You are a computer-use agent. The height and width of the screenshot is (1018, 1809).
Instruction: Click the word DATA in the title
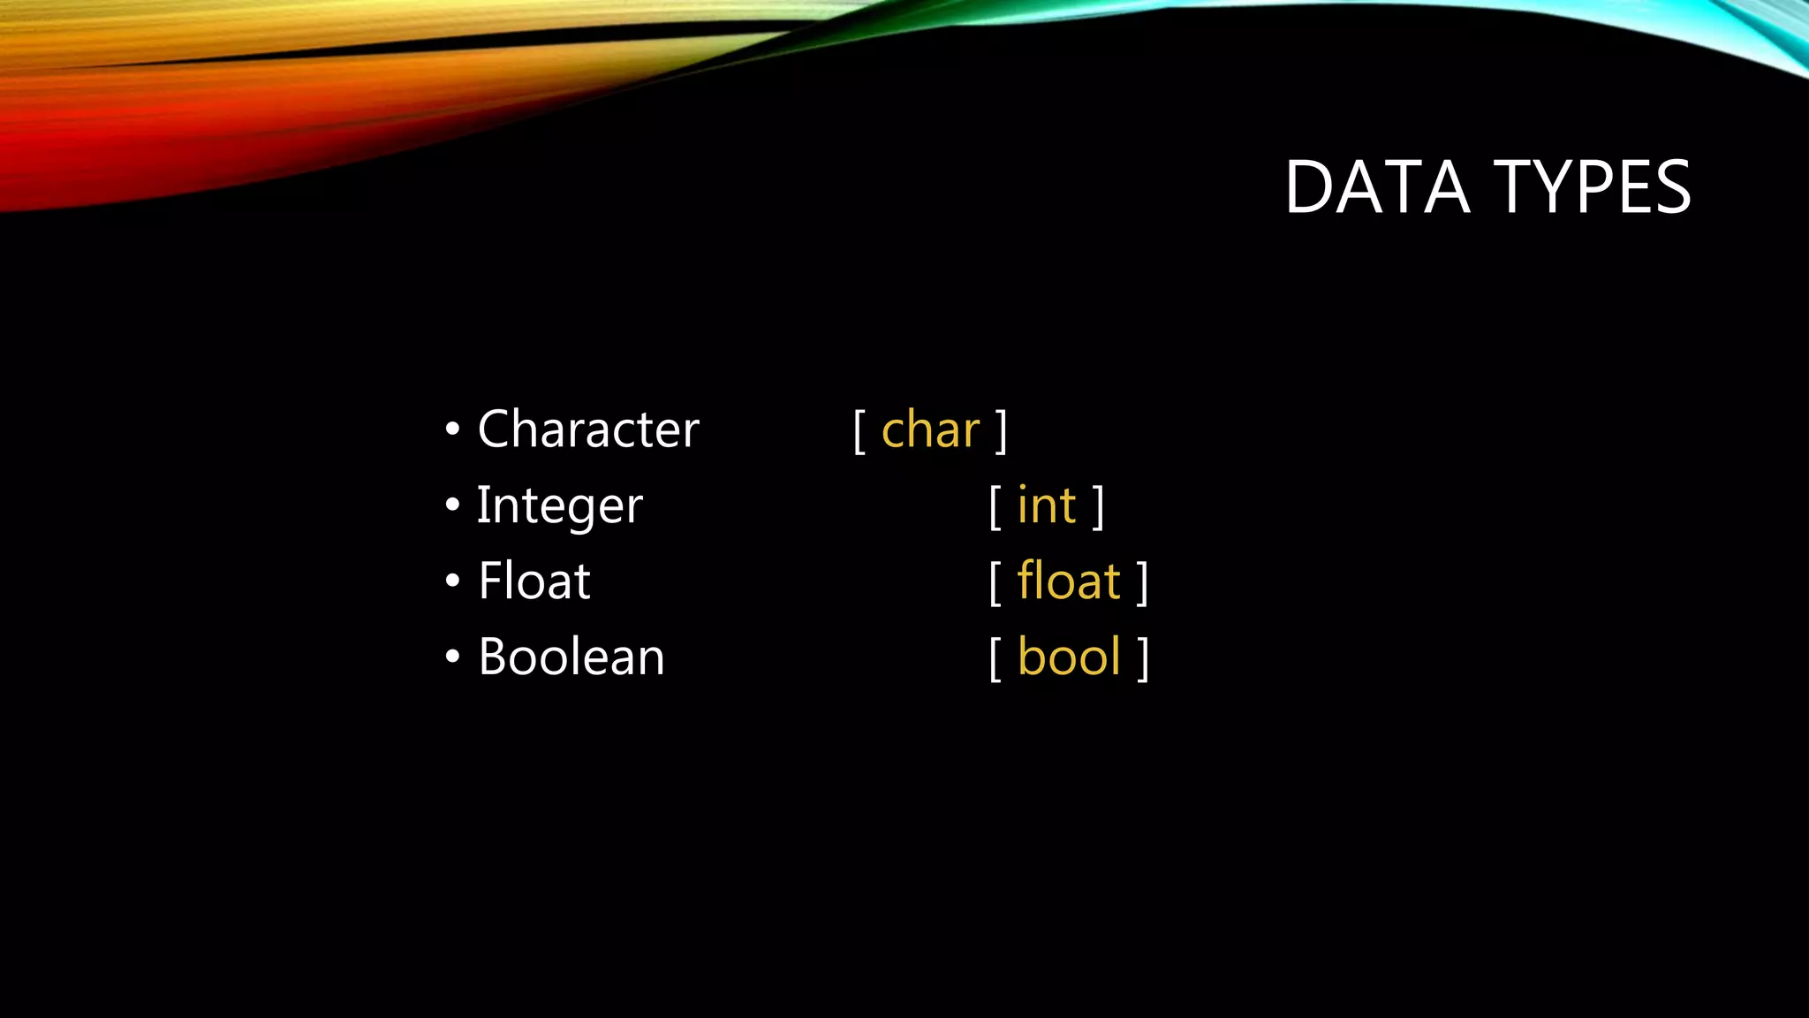tap(1376, 187)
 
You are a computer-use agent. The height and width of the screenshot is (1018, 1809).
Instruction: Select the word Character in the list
tap(588, 430)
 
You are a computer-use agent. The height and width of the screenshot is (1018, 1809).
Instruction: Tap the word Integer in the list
tap(560, 506)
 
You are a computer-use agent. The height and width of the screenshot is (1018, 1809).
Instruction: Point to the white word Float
tap(534, 581)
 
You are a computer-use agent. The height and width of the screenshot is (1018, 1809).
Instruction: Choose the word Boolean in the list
tap(571, 657)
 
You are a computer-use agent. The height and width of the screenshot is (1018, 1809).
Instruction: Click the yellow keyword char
tap(931, 430)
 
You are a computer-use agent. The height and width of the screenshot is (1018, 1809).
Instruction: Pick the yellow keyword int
tap(1047, 506)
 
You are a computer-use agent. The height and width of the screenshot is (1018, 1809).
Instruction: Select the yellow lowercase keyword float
tap(1069, 581)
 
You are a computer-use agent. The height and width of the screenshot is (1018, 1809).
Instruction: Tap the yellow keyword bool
tap(1069, 657)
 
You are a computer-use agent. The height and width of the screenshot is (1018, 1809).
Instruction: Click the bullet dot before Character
tap(453, 430)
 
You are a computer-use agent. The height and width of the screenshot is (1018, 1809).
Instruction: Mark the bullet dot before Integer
tap(453, 505)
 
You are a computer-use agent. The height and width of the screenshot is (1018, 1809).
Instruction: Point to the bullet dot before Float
tap(453, 581)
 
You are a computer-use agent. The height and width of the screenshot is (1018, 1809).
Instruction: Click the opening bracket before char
tap(859, 431)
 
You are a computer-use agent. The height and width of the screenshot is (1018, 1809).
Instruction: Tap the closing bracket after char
tap(1002, 431)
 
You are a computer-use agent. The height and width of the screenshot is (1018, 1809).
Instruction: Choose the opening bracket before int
tap(995, 507)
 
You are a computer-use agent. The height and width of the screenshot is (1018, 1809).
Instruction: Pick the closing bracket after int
tap(1099, 507)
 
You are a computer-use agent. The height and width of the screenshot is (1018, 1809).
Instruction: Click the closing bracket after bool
tap(1143, 659)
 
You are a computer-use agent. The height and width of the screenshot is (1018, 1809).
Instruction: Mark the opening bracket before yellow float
tap(995, 583)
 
